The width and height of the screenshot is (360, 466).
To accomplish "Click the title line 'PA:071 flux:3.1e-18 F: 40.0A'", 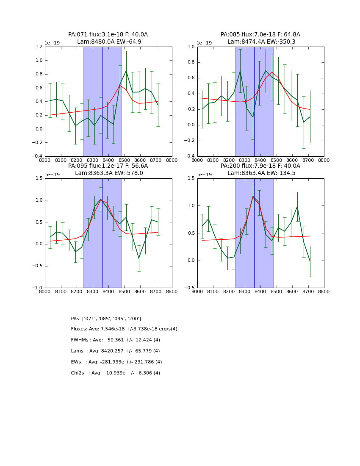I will point(108,35).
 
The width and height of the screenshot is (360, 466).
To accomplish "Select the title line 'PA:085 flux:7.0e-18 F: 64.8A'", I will point(260,35).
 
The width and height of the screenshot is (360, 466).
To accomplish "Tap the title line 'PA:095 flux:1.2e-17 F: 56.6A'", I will point(108,166).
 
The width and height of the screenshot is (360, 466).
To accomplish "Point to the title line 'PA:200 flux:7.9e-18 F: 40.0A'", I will point(260,166).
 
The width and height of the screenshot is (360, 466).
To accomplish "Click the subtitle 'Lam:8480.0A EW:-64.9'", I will point(109,42).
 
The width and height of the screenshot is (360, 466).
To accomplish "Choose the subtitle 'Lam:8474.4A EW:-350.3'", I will point(261,42).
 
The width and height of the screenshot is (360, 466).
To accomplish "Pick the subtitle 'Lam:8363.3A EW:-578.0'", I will point(109,173).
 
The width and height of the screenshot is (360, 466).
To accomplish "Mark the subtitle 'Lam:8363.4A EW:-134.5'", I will point(261,173).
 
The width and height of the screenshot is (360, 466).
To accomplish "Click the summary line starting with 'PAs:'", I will point(106,319).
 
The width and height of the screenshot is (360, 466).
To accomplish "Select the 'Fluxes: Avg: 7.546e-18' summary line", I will point(124,329).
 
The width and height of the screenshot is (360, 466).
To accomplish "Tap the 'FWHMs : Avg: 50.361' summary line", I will point(115,340).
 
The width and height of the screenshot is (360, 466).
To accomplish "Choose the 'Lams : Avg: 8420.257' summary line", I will point(115,351).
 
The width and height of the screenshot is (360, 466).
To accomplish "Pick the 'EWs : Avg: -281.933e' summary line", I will point(116,362).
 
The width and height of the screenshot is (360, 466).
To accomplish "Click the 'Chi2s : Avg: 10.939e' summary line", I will point(115,373).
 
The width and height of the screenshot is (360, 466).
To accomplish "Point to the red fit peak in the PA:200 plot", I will point(253,197).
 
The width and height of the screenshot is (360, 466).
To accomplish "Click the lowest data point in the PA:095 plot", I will point(139,258).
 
